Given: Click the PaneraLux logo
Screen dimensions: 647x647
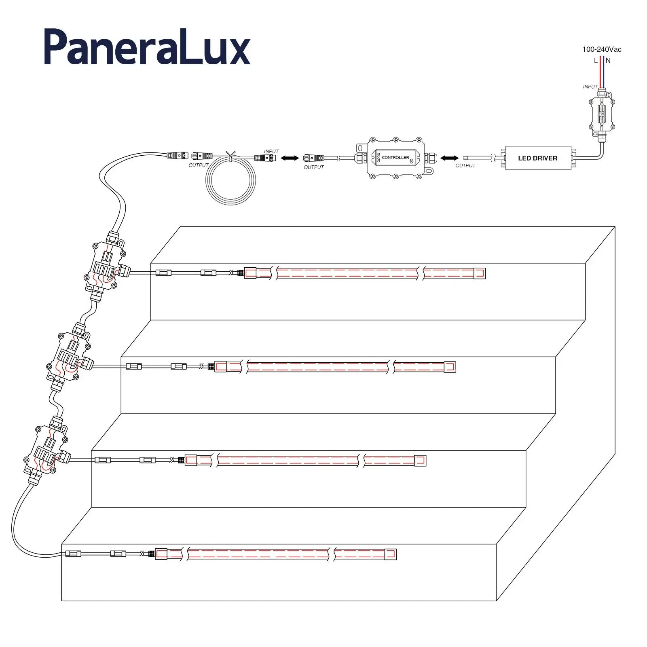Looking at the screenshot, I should coord(147,47).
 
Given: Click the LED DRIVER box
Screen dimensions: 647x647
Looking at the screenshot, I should coord(538,158).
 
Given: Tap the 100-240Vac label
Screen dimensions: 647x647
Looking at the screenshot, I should coord(601,49).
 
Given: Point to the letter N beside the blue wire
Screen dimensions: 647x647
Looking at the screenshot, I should coord(608,61).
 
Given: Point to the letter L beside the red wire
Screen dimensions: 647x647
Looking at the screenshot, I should coord(596,61).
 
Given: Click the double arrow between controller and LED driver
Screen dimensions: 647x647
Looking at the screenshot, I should coord(450,158).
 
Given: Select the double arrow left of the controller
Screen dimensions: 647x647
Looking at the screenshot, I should coord(290,158).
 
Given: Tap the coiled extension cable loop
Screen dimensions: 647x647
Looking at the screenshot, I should coord(231,181).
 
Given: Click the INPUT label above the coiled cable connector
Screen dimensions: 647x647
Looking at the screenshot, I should coord(271,151).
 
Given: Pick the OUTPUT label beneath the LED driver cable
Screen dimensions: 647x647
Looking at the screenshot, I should coord(465,165).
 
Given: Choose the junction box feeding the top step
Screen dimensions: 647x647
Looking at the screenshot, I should coord(106,266).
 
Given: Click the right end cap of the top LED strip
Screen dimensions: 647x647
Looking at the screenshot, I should coord(480,273).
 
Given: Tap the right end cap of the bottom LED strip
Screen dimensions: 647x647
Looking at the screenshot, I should coord(391,554).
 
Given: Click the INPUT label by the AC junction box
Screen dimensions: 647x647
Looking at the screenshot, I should coord(590,87).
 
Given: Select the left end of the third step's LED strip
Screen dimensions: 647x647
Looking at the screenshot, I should coord(191,460).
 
